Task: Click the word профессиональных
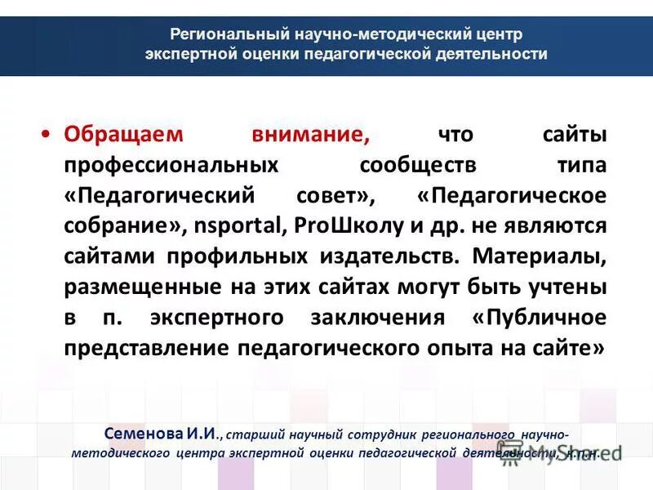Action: point(171,164)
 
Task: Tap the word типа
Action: point(582,164)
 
